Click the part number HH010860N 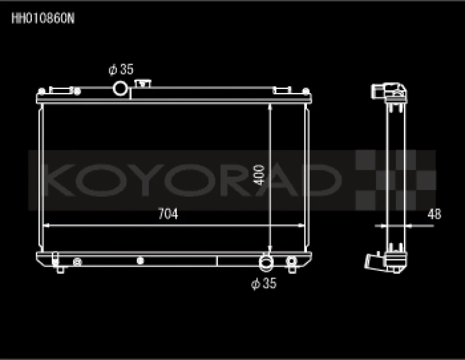pyautogui.click(x=43, y=17)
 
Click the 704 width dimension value pyautogui.click(x=168, y=214)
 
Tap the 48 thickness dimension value pyautogui.click(x=434, y=214)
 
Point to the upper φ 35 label pyautogui.click(x=121, y=70)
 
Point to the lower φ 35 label pyautogui.click(x=263, y=284)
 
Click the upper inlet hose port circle pyautogui.click(x=120, y=88)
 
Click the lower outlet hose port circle pyautogui.click(x=266, y=262)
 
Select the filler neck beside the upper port pyautogui.click(x=141, y=84)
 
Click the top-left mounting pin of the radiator pyautogui.click(x=41, y=91)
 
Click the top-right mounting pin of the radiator pyautogui.click(x=305, y=91)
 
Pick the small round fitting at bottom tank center pyautogui.click(x=139, y=261)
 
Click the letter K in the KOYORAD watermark pyautogui.click(x=59, y=180)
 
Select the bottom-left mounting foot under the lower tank pyautogui.click(x=60, y=269)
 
